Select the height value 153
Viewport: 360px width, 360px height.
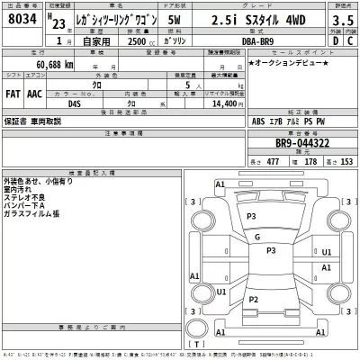point(342,160)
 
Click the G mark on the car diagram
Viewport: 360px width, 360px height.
point(256,238)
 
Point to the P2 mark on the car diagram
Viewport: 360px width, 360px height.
point(254,299)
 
